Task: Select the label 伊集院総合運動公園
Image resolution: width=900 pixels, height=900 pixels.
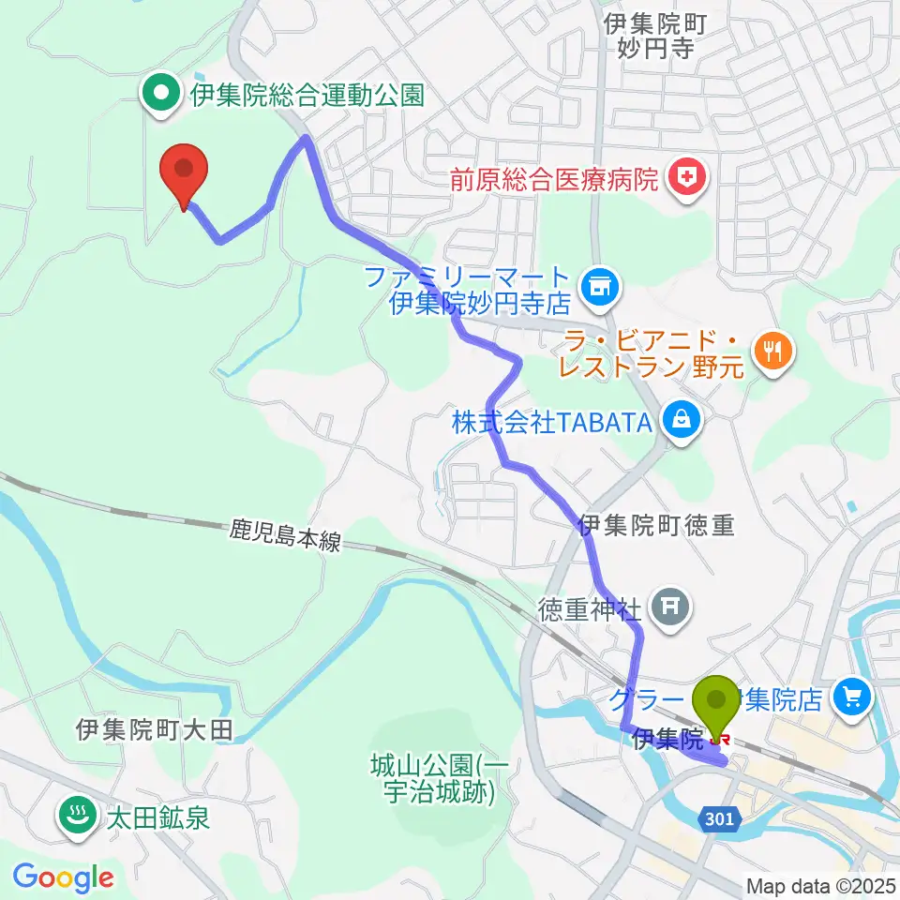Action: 307,95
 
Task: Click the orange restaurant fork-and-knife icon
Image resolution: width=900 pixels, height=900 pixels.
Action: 773,352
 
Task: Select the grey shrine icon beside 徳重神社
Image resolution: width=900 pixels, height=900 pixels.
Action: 671,609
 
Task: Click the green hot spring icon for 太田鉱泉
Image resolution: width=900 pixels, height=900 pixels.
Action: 74,815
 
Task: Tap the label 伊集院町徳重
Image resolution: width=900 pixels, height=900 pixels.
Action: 656,527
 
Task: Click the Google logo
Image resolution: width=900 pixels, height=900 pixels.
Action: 63,878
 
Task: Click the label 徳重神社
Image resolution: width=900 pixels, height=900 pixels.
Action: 590,611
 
